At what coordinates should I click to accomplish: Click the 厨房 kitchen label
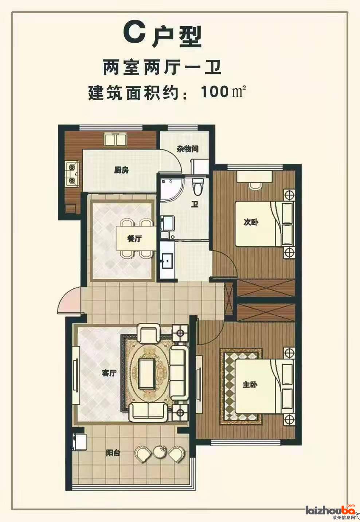pos(121,170)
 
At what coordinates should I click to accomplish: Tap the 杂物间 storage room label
pos(188,149)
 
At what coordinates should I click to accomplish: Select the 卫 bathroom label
pos(195,204)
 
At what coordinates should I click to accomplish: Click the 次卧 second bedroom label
pos(251,222)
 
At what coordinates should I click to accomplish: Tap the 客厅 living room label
pos(109,373)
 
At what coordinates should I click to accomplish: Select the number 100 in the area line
pos(215,92)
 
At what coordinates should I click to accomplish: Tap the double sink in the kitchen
pos(116,139)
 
